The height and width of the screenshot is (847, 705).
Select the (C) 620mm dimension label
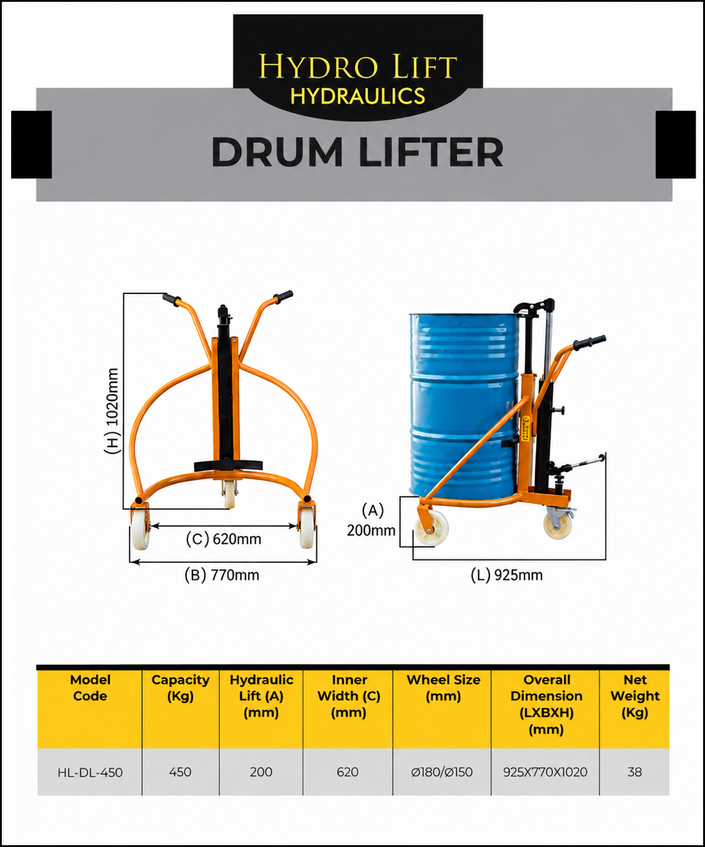pyautogui.click(x=224, y=539)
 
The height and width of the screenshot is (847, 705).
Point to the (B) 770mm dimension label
pyautogui.click(x=222, y=575)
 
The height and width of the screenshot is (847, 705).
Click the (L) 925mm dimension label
pyautogui.click(x=507, y=575)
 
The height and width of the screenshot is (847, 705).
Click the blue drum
pyautogui.click(x=464, y=406)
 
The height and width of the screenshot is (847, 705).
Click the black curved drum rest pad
pyautogui.click(x=228, y=465)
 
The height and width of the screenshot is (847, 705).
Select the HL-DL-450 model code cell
pyautogui.click(x=90, y=772)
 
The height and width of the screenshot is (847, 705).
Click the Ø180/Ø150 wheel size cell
pyautogui.click(x=442, y=772)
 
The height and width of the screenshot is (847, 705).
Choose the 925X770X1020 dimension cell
pyautogui.click(x=545, y=772)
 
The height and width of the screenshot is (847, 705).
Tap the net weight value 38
pyautogui.click(x=635, y=772)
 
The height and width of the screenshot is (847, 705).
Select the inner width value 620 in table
pyautogui.click(x=348, y=772)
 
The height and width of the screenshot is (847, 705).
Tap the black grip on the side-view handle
pyautogui.click(x=589, y=342)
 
